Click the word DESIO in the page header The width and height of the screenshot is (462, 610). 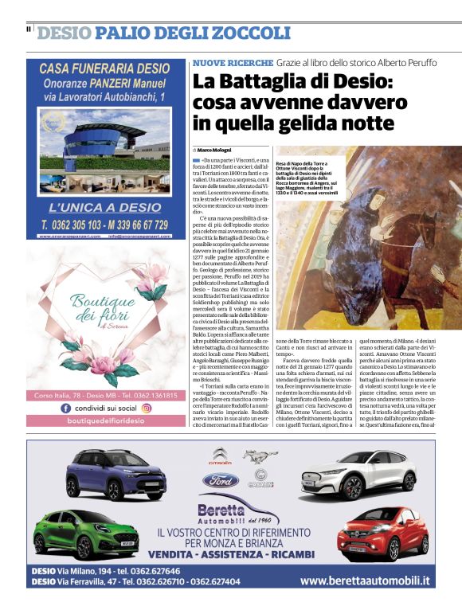64,33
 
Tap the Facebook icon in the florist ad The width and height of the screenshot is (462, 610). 65,407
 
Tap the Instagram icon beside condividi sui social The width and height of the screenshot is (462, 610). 146,407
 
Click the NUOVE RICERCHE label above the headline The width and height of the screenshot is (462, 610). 233,62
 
